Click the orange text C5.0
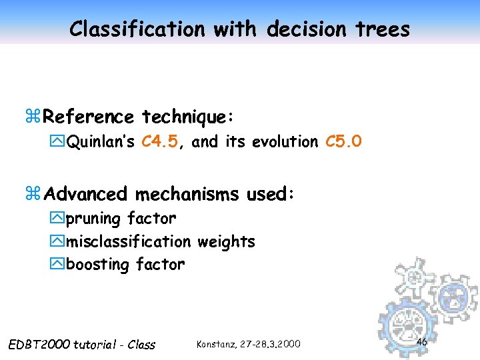[x=343, y=141]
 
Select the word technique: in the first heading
[x=187, y=117]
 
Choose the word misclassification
[x=128, y=241]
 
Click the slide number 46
[x=421, y=342]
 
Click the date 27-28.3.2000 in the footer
[x=271, y=344]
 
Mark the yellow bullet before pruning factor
[x=57, y=219]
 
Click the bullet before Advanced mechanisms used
[x=33, y=194]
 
